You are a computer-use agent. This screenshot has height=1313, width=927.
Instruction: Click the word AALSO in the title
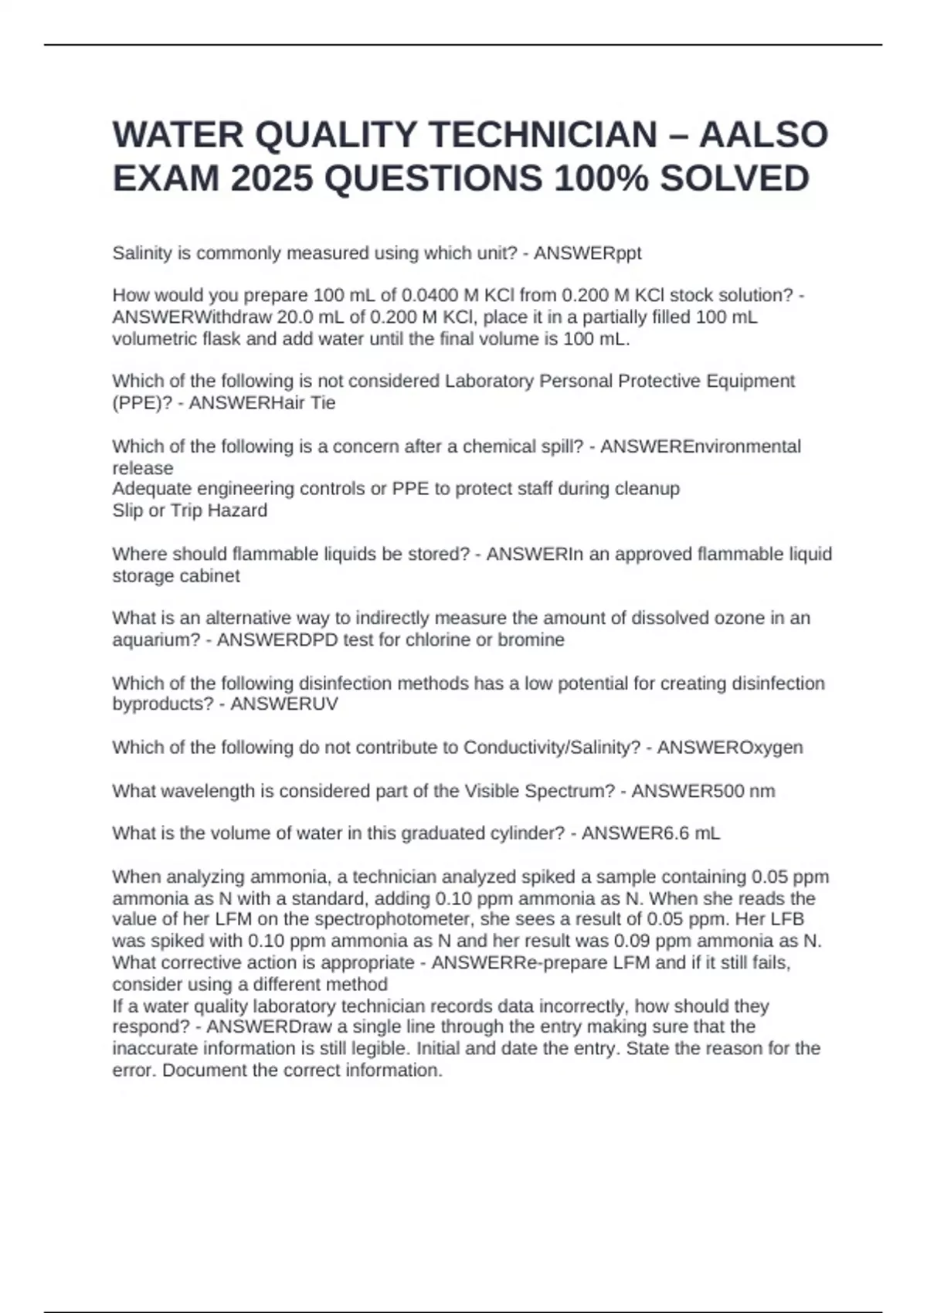[763, 135]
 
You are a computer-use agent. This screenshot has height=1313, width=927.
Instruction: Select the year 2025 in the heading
[272, 179]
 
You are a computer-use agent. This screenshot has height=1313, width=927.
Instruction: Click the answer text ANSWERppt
[587, 253]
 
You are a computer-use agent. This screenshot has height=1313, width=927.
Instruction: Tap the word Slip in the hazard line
[129, 511]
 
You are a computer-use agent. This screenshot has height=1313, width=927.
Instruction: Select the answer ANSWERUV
[284, 704]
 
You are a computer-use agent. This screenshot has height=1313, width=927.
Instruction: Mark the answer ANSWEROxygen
[729, 748]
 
